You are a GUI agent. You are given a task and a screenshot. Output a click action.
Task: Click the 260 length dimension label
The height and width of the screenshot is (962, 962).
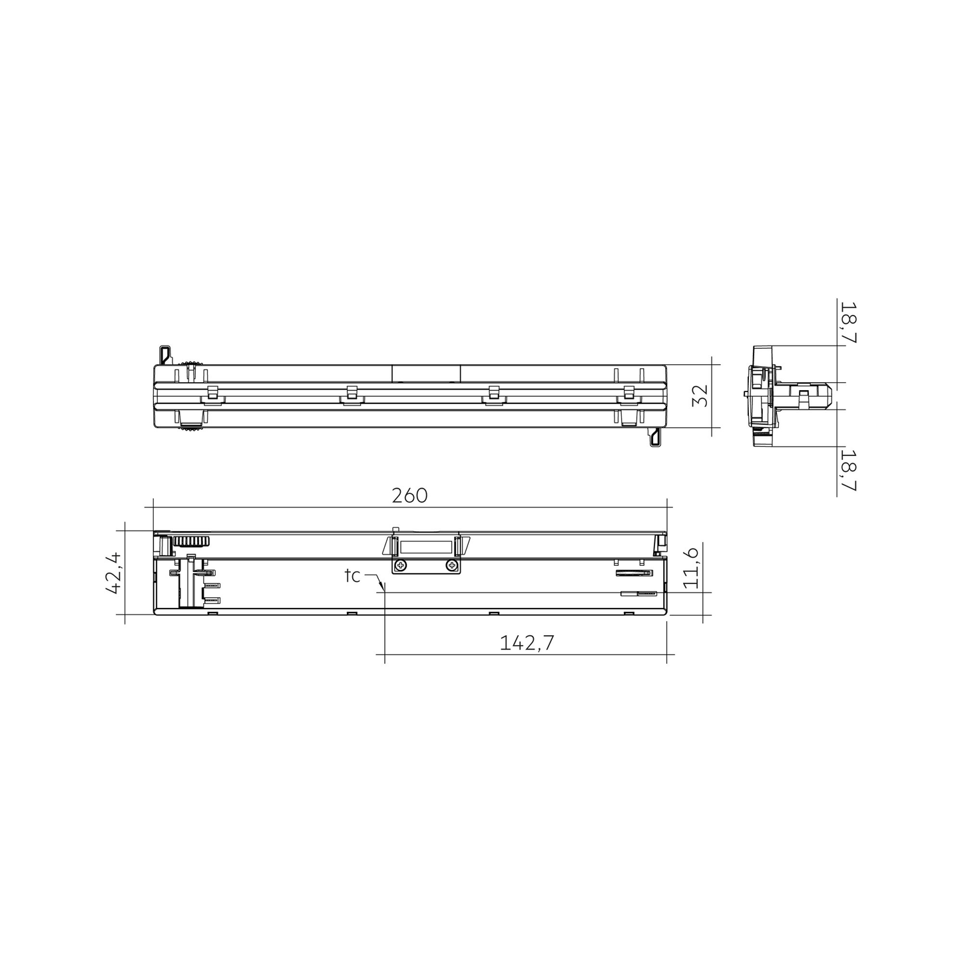point(409,496)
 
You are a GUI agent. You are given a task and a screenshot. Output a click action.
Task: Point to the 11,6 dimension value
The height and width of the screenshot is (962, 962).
point(690,568)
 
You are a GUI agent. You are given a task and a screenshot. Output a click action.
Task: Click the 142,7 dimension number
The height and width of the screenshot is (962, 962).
point(527,642)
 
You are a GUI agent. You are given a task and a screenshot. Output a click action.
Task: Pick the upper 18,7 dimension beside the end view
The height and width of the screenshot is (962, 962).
point(847,322)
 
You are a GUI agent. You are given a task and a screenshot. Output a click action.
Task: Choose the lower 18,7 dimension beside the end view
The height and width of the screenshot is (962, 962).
point(847,469)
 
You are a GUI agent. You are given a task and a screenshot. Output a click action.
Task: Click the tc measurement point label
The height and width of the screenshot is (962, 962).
point(352,576)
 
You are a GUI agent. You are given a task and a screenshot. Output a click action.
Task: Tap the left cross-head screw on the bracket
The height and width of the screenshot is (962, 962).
point(400,566)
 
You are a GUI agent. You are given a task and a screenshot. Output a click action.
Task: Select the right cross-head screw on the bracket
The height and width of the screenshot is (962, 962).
point(452,566)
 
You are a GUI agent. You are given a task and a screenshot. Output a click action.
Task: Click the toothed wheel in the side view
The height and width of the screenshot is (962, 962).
point(192,541)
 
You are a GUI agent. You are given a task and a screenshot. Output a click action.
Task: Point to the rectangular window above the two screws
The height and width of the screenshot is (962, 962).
point(426,547)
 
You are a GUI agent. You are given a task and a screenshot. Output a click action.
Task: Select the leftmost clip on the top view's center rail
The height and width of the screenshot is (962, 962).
point(212,393)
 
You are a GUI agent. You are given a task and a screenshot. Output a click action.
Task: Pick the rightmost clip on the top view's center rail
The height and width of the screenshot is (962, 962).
point(628,393)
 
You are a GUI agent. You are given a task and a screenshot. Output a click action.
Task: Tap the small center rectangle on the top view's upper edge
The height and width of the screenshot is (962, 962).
point(426,372)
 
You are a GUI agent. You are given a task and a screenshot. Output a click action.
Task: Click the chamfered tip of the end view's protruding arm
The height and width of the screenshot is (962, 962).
point(829,395)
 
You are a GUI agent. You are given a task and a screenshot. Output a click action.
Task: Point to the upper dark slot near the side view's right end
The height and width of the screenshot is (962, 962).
point(633,572)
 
